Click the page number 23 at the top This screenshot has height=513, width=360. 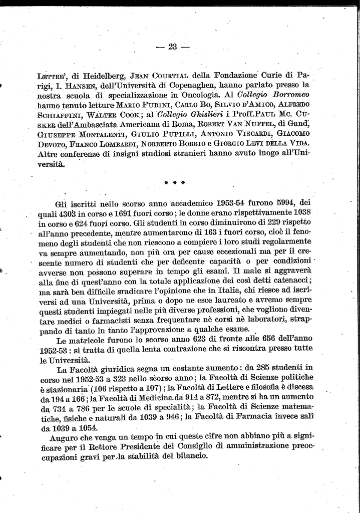[173, 47]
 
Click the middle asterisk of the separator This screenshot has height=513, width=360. [174, 182]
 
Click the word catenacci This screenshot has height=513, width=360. [293, 280]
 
